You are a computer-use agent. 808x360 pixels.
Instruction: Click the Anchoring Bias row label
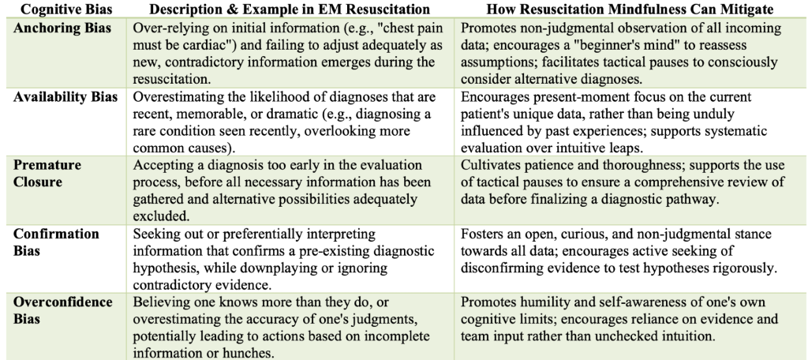tap(62, 28)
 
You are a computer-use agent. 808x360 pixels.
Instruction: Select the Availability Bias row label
tap(65, 97)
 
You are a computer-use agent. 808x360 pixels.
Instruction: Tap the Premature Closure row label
tap(47, 174)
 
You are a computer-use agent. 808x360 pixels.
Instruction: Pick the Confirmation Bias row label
tap(56, 242)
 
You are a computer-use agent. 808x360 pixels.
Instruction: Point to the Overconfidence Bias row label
tap(63, 310)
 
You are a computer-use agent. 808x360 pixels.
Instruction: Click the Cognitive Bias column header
tap(67, 9)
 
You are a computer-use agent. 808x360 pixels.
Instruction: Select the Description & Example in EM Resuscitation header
tap(290, 9)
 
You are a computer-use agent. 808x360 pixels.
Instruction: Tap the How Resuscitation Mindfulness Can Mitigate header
tap(630, 9)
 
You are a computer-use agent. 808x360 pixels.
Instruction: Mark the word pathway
tap(694, 200)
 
